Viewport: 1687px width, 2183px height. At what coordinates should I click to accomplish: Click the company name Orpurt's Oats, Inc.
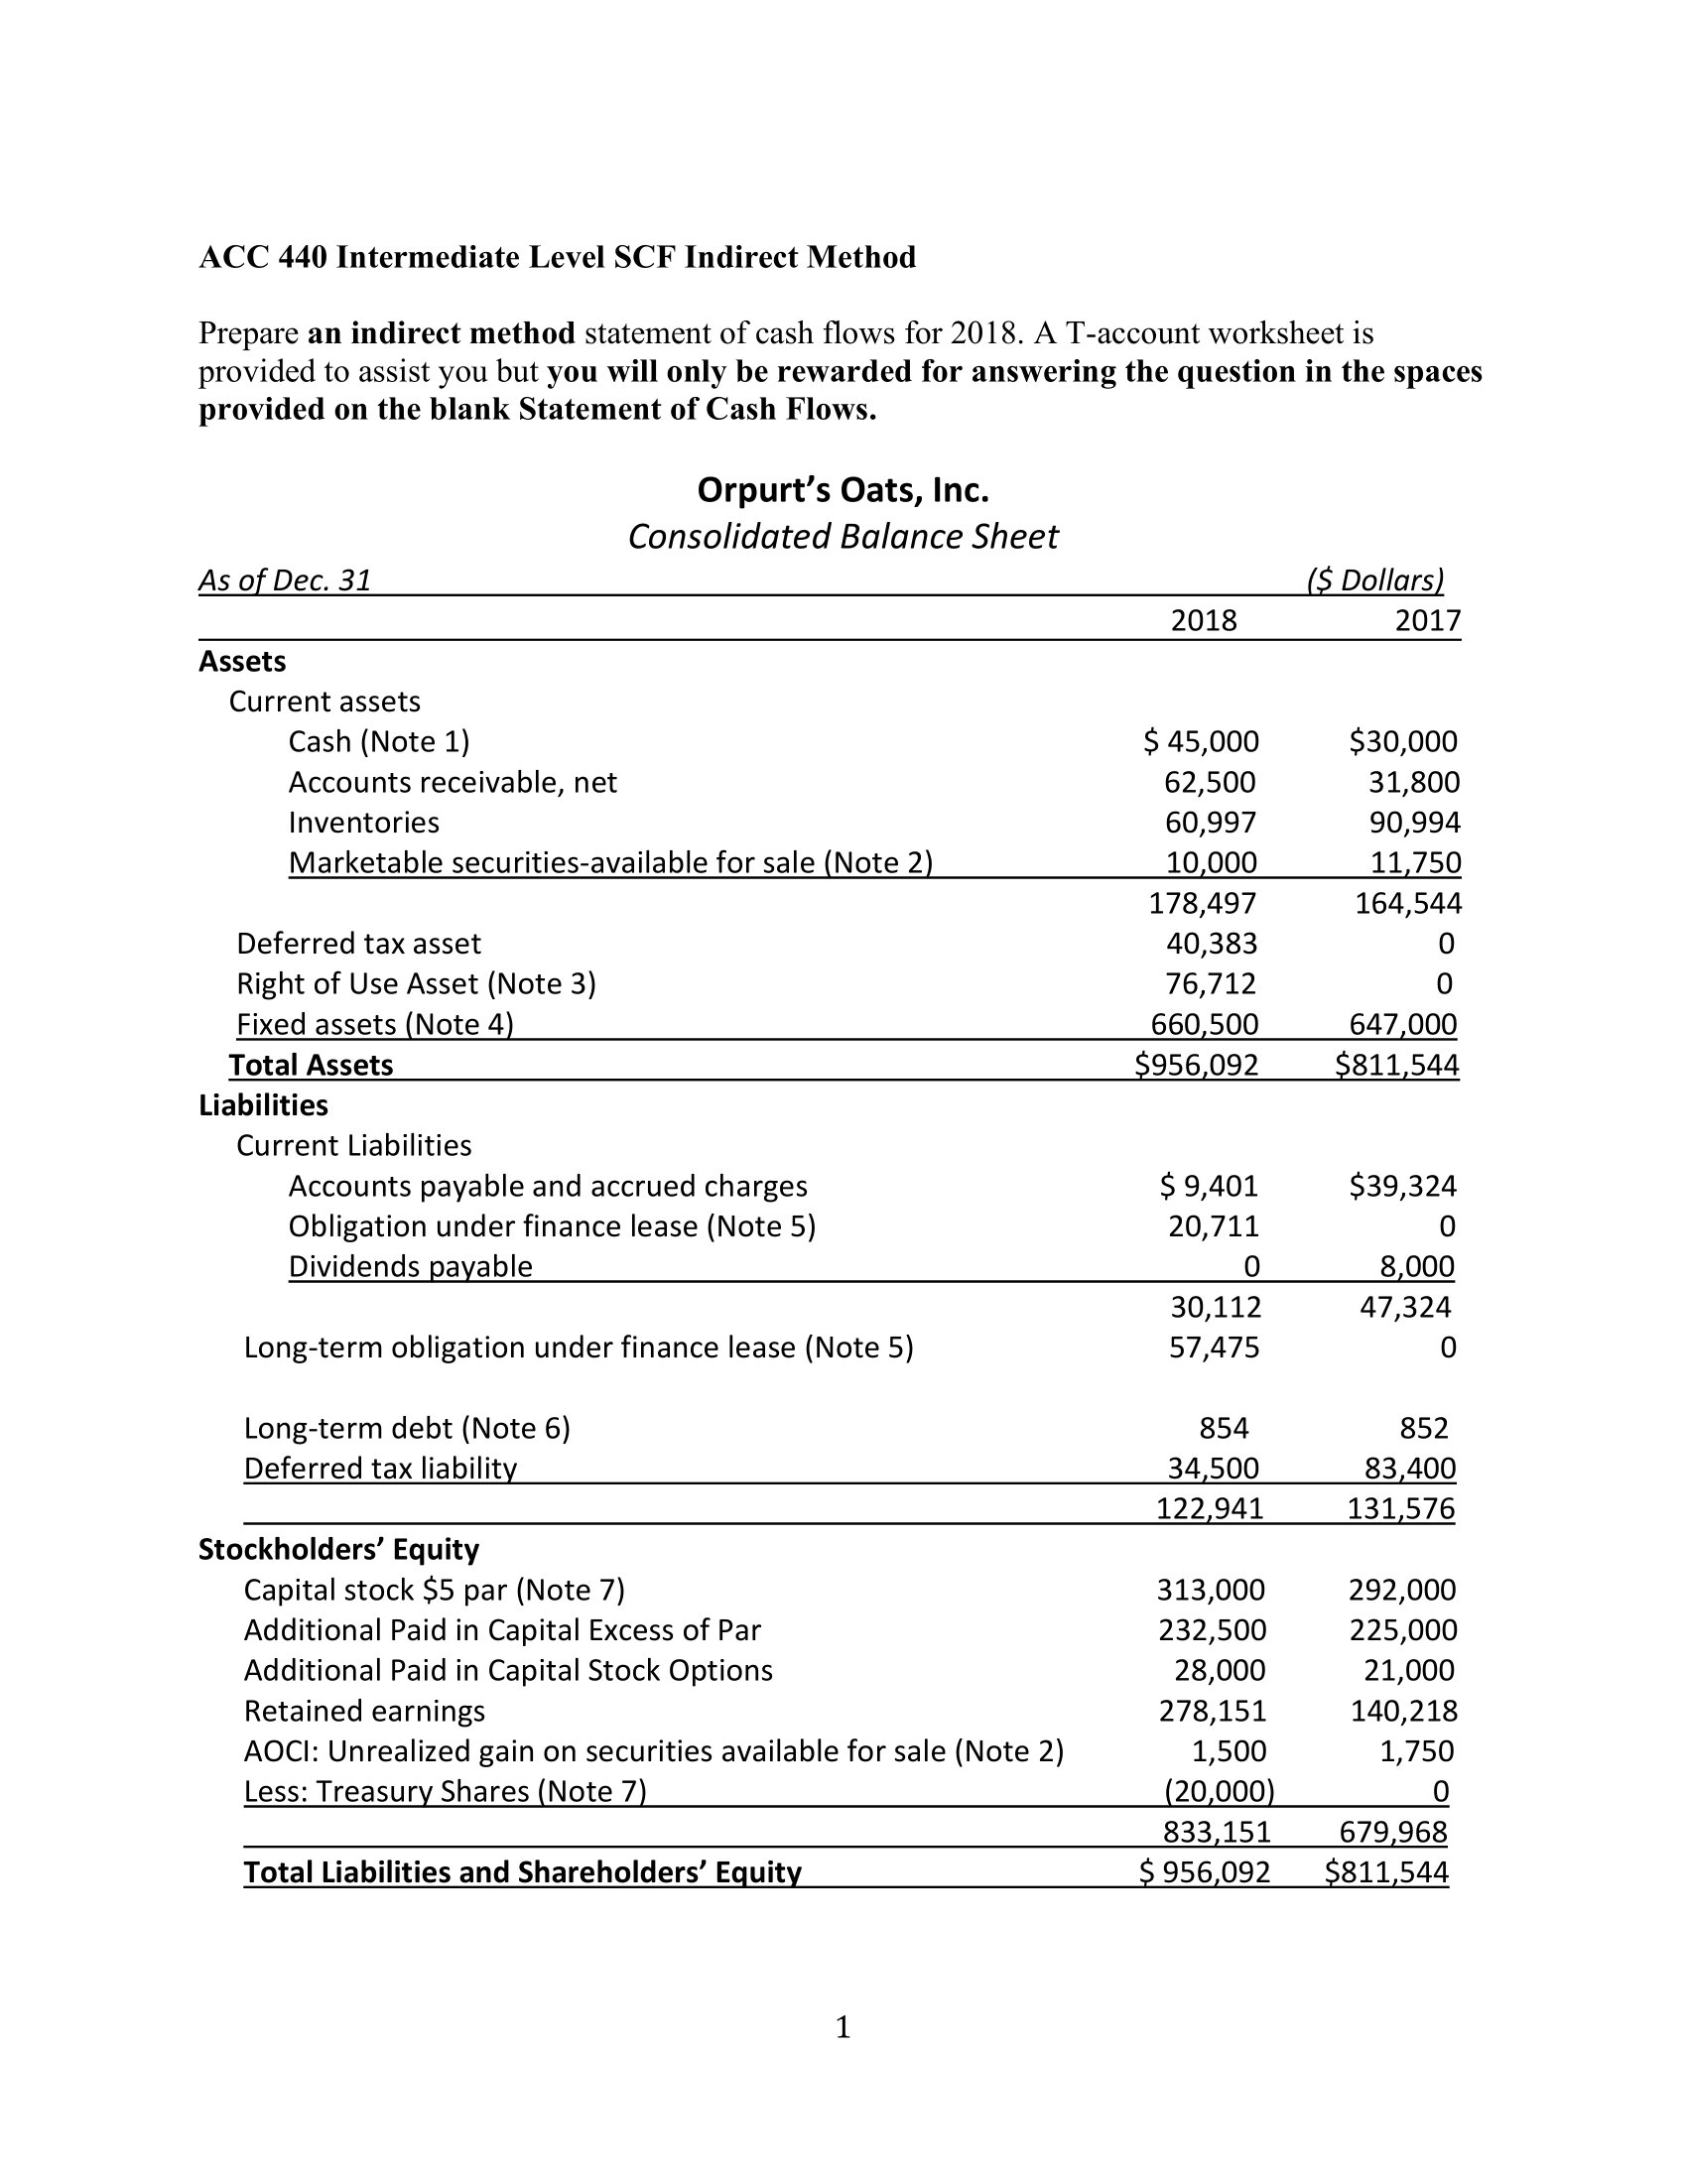(x=843, y=491)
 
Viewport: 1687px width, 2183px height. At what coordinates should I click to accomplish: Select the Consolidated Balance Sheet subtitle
(x=843, y=537)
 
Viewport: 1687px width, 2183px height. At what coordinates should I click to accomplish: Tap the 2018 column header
(x=1204, y=621)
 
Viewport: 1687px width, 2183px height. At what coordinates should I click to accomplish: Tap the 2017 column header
(x=1427, y=621)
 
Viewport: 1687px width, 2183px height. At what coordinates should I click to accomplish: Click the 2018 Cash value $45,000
(x=1201, y=741)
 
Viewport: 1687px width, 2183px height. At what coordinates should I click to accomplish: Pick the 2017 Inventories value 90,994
(x=1414, y=823)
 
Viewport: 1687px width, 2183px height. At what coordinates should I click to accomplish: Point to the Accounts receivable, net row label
(x=453, y=782)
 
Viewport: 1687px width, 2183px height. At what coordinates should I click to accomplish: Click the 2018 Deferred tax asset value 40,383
(x=1212, y=944)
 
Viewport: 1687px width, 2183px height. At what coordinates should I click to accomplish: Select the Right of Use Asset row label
(x=416, y=983)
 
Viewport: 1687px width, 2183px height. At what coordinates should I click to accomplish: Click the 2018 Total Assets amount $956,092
(x=1197, y=1065)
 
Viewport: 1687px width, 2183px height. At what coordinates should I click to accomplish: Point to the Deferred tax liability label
(x=381, y=1468)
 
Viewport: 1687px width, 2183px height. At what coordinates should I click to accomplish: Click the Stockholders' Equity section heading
(x=338, y=1548)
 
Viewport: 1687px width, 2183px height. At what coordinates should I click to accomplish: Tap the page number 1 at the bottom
(x=843, y=2027)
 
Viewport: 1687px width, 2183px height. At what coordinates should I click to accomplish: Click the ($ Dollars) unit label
(x=1375, y=579)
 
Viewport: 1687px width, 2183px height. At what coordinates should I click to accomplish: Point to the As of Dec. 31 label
(x=285, y=579)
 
